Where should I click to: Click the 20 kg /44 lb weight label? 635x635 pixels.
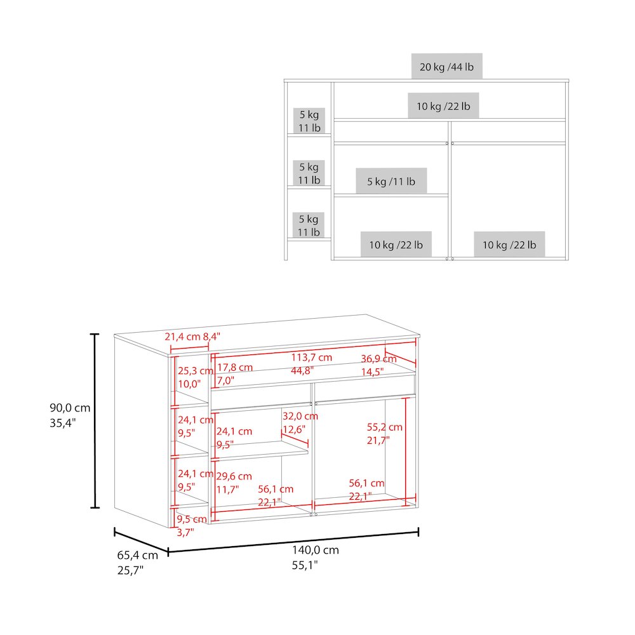(x=446, y=67)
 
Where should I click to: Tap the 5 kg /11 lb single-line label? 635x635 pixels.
(x=391, y=182)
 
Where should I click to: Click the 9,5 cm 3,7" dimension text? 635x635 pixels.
(x=192, y=526)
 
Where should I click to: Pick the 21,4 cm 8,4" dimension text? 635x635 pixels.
(x=192, y=337)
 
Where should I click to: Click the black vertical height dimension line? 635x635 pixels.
(x=95, y=421)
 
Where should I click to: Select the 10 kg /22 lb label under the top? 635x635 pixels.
(x=443, y=106)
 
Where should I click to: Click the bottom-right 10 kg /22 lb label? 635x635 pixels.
(x=509, y=244)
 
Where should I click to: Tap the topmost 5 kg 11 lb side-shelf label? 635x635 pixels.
(x=309, y=121)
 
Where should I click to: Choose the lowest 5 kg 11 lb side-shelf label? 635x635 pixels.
(x=309, y=225)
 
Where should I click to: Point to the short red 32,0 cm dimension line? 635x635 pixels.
(x=295, y=438)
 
